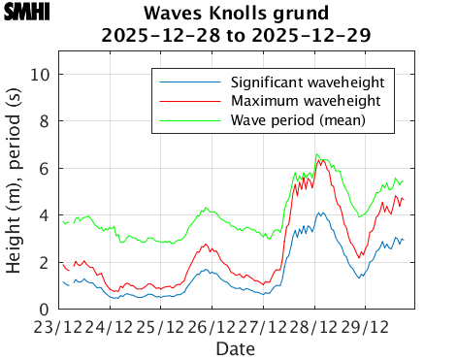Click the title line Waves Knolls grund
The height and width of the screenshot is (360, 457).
(236, 14)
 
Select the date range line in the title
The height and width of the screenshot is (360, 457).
(236, 36)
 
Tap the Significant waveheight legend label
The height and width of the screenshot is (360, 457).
(309, 81)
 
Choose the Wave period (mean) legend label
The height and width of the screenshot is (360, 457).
(298, 121)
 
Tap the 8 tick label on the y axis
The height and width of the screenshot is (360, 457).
(51, 122)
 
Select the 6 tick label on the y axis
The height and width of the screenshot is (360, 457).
(51, 169)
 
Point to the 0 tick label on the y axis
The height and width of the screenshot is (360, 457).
(51, 310)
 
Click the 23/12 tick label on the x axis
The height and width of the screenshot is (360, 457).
(59, 328)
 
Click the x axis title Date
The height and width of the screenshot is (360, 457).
(236, 347)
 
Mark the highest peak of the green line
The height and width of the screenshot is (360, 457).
(316, 153)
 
